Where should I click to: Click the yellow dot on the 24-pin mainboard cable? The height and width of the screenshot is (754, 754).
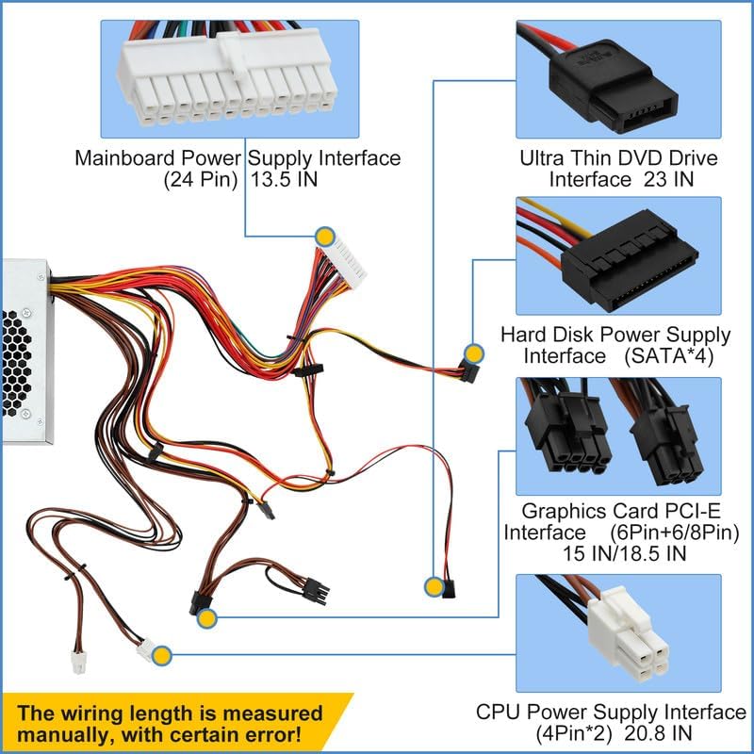tap(325, 237)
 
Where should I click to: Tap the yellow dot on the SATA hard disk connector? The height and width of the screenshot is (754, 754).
tap(473, 354)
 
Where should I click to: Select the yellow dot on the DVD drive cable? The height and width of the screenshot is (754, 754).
tap(433, 586)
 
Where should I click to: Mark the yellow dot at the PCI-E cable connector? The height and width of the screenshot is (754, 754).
tap(207, 618)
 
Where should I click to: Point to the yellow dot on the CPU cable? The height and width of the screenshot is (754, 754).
tap(161, 653)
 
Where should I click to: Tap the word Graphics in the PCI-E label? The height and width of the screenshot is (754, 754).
tap(565, 511)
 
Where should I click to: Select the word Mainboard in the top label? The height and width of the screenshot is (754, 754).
tap(122, 157)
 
